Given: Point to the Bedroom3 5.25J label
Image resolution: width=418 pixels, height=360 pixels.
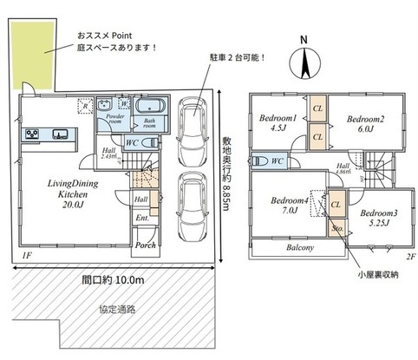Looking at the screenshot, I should click(377, 217).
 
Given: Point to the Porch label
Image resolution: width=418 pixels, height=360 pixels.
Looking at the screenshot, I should click(145, 245).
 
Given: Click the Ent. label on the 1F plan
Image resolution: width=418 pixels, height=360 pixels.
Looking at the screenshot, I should click(141, 218).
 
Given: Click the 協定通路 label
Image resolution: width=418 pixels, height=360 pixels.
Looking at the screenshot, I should click(114, 309).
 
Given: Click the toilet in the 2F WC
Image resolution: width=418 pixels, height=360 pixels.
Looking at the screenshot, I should click(259, 160).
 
